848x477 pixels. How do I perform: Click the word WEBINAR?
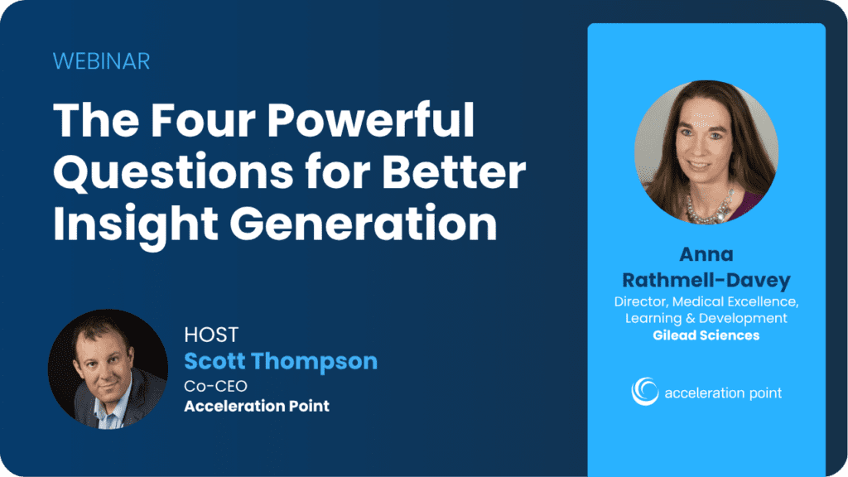click(101, 61)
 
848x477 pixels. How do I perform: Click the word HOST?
click(211, 335)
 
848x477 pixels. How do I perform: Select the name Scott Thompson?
click(281, 361)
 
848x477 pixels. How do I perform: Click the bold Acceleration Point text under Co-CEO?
click(257, 406)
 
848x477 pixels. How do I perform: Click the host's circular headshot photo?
click(108, 369)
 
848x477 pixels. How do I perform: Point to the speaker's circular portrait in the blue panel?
click(706, 152)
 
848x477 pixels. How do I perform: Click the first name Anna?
click(706, 253)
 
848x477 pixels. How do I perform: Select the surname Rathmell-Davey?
click(706, 278)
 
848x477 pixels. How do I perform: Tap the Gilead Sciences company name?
click(706, 335)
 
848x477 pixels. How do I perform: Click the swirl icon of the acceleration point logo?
click(645, 391)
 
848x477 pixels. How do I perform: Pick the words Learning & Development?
click(706, 319)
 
